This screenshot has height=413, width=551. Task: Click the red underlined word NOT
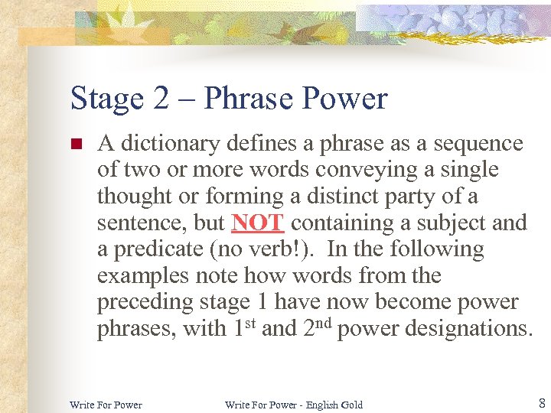[x=258, y=223]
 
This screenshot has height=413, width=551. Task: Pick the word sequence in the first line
[x=478, y=144]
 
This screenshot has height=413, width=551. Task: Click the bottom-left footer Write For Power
[x=106, y=405]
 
